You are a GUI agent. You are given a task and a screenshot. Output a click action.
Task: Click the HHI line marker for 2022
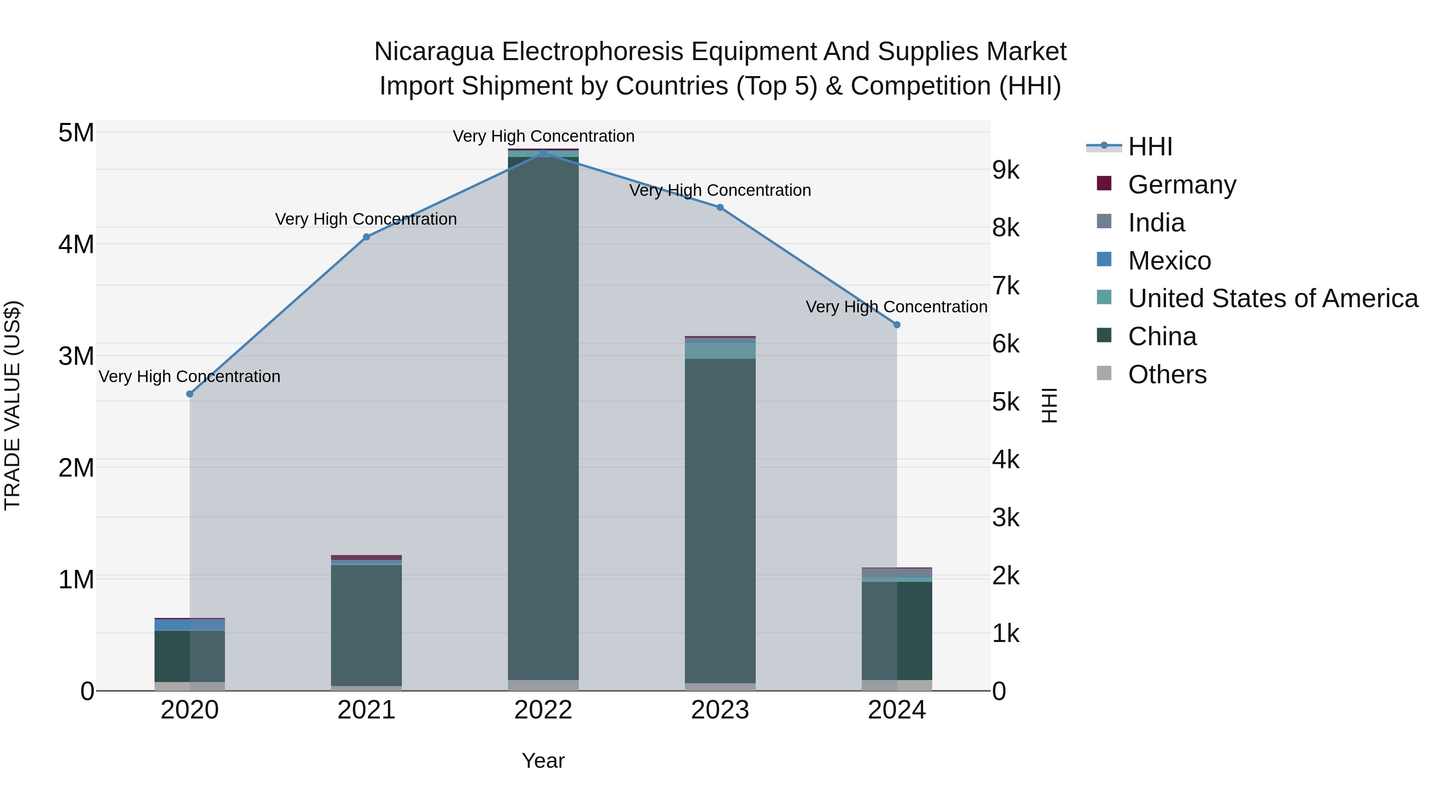click(x=543, y=153)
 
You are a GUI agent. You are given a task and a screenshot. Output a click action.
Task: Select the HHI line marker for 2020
click(x=190, y=394)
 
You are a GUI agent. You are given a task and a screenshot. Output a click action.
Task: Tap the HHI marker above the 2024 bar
click(x=897, y=325)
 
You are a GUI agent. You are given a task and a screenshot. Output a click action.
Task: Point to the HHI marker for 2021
click(x=366, y=237)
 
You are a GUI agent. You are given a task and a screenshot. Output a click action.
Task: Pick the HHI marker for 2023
click(x=720, y=207)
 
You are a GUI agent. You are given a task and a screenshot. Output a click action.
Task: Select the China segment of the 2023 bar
click(x=720, y=521)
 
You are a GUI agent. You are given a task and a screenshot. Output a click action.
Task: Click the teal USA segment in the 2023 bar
click(x=720, y=350)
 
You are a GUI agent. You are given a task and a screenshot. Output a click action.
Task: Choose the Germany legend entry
click(x=1182, y=185)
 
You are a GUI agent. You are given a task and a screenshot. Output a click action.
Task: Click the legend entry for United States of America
click(x=1272, y=298)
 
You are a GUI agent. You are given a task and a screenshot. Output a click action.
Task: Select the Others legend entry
click(x=1167, y=374)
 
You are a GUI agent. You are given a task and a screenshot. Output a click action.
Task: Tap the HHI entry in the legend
click(x=1150, y=147)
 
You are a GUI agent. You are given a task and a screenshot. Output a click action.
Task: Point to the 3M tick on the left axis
click(x=76, y=356)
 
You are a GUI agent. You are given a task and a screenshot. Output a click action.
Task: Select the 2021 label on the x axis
click(x=366, y=710)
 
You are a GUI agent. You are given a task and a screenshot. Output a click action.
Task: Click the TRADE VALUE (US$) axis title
click(x=12, y=405)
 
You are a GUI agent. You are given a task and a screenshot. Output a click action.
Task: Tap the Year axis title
click(x=543, y=761)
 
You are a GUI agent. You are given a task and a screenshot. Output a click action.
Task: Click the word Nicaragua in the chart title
click(x=434, y=52)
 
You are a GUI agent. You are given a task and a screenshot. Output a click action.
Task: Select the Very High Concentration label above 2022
click(x=543, y=136)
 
